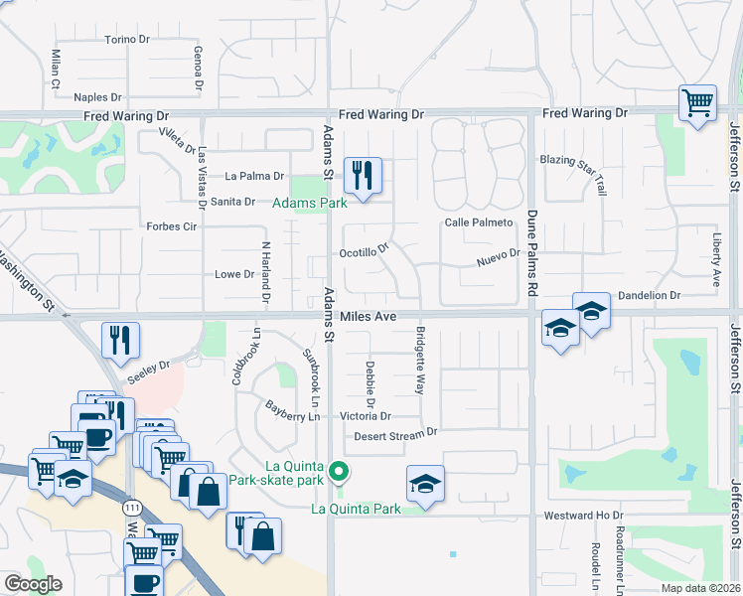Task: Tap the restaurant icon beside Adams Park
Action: (363, 176)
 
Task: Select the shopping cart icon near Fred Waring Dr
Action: (698, 102)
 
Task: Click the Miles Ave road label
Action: (368, 316)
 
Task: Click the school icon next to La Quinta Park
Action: (425, 484)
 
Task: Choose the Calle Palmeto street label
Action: (478, 223)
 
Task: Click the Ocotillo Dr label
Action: (365, 252)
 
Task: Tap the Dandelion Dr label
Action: (649, 295)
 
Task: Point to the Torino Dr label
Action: (126, 40)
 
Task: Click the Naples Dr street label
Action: (97, 97)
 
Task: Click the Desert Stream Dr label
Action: (396, 434)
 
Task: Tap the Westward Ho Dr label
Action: (583, 516)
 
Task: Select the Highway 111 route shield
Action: (130, 507)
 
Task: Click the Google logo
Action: (32, 584)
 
